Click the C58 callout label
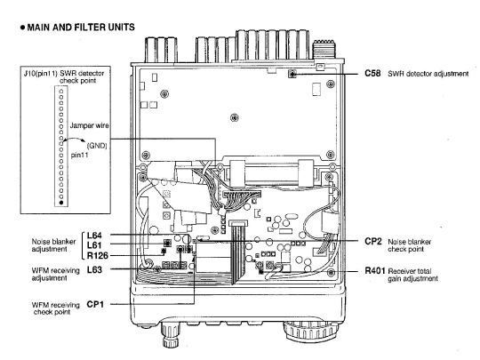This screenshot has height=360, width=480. (372, 74)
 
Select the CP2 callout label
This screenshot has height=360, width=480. (373, 242)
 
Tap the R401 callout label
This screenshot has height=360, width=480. (375, 270)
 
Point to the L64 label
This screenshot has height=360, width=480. (94, 236)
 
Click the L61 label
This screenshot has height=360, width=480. (94, 245)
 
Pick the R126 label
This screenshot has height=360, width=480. (98, 255)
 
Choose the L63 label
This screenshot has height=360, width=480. (94, 269)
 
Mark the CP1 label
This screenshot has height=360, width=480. (95, 304)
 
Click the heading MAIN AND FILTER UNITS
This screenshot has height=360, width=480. (81, 28)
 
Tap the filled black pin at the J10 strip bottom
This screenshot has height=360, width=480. (61, 203)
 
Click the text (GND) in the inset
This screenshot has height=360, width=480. (97, 146)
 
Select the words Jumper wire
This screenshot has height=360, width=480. (90, 125)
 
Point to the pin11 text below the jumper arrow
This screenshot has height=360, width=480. (80, 155)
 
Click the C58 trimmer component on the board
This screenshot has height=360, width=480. (292, 74)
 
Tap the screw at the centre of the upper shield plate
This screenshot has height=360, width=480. (235, 117)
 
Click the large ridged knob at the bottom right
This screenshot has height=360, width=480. (310, 332)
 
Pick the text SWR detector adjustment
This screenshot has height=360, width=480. (428, 74)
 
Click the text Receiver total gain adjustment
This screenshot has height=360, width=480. (412, 275)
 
